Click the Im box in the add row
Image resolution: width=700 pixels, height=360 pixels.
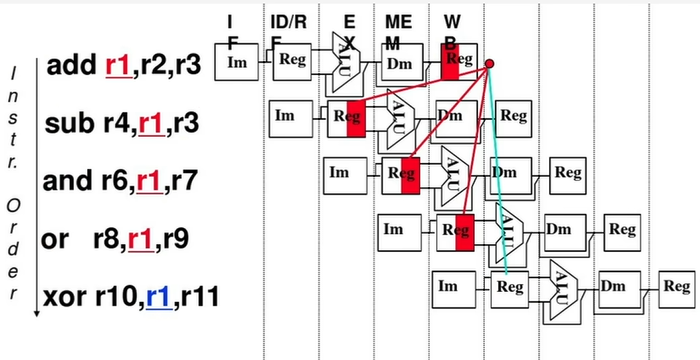(x=237, y=62)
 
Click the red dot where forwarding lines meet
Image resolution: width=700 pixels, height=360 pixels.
(x=489, y=66)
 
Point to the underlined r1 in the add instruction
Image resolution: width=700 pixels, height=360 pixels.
(x=118, y=67)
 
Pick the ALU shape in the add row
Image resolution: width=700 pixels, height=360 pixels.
(x=343, y=62)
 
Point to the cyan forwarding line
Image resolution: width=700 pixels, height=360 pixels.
(x=498, y=170)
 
